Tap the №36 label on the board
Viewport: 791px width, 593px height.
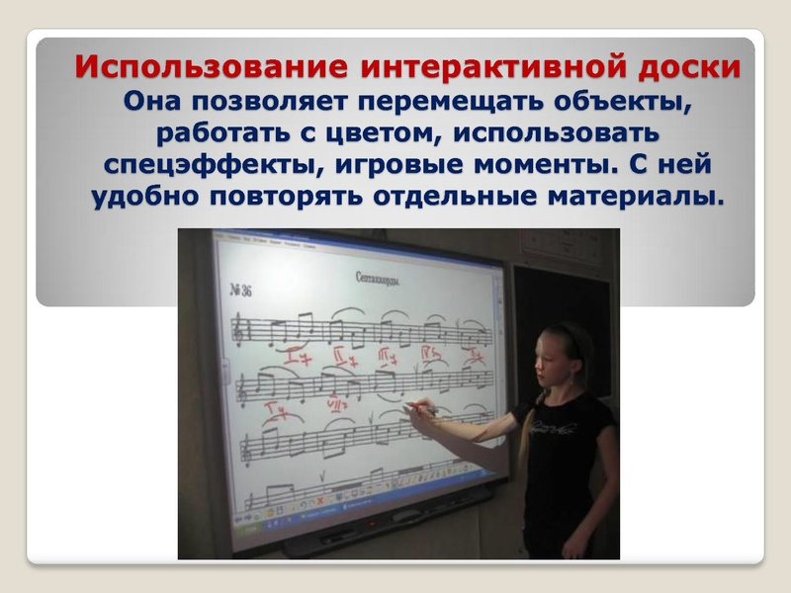[x=240, y=290]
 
